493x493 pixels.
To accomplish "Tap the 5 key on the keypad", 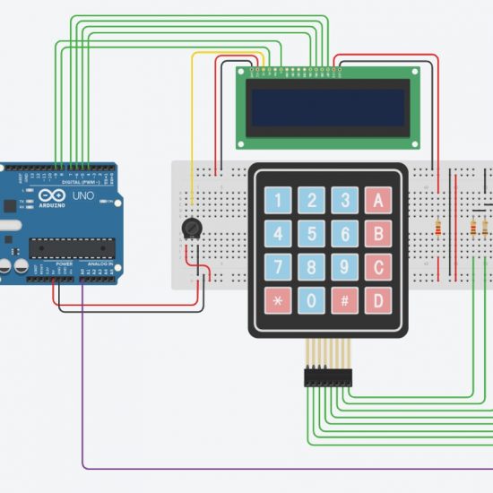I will [x=311, y=234].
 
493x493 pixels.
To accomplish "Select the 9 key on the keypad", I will [x=344, y=266].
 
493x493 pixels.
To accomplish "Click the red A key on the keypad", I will [x=377, y=200].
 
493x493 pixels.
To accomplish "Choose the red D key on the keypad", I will [x=377, y=299].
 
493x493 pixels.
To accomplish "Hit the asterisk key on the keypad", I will [x=278, y=299].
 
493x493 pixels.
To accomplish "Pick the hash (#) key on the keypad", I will [x=344, y=299].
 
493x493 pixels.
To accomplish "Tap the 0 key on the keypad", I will [x=311, y=299].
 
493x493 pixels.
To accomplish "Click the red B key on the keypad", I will [x=377, y=234].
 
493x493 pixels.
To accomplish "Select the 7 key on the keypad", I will [x=278, y=266].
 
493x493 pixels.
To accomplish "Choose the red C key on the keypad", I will [x=377, y=266].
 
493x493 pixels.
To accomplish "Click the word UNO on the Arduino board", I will [x=82, y=195].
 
